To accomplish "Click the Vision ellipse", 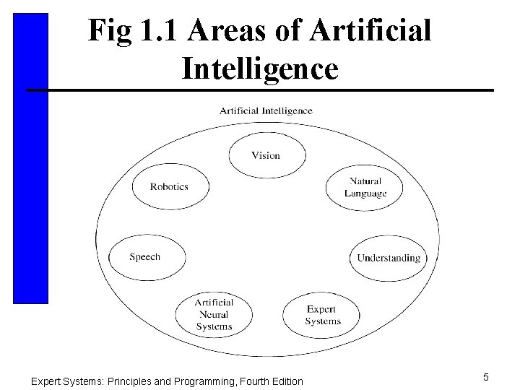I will [x=266, y=155].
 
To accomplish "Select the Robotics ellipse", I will [x=170, y=186].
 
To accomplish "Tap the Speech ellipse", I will [x=146, y=256].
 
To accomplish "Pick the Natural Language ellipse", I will [x=365, y=187].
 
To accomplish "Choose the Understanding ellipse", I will [x=389, y=258].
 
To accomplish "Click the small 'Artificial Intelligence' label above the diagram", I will [x=266, y=110].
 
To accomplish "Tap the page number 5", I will [x=486, y=376].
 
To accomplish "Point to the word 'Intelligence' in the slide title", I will [x=260, y=69].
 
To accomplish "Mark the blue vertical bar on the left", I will [x=30, y=159].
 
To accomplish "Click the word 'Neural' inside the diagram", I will [x=214, y=315].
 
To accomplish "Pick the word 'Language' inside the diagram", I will [x=365, y=193].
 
